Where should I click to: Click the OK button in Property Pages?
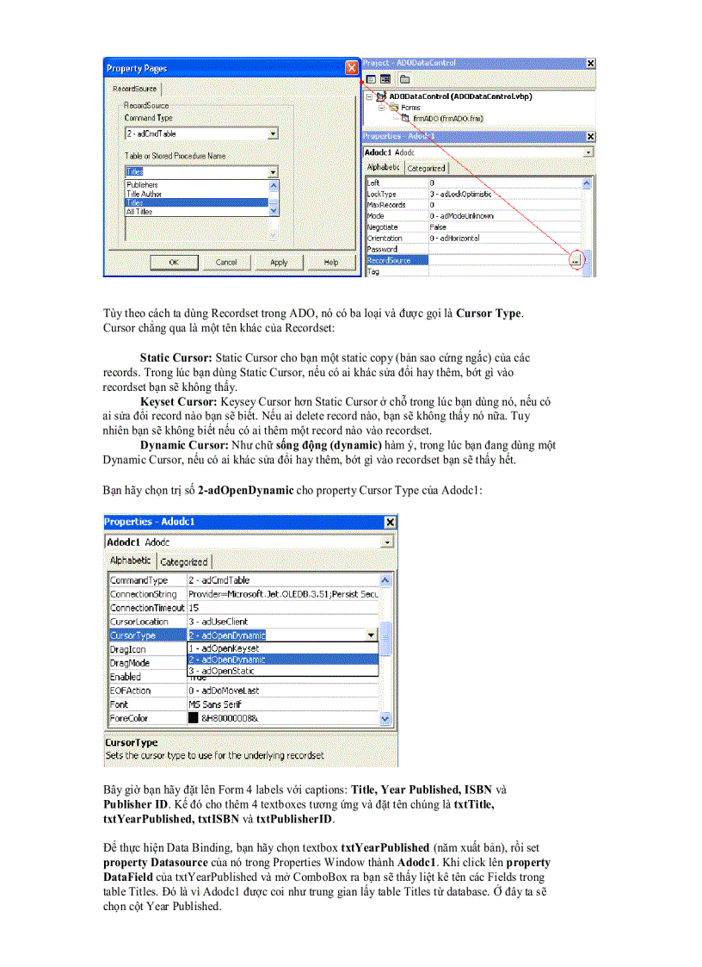173,262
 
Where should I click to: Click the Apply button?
279,262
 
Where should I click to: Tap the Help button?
331,262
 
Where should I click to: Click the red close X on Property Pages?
350,68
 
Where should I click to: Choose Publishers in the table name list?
143,184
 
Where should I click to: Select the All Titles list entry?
141,211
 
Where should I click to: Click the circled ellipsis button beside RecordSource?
575,260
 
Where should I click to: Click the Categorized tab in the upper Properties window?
426,168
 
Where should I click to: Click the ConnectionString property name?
143,594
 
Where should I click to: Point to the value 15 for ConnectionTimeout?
194,608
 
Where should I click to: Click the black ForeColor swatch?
194,718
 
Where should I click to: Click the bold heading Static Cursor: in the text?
176,356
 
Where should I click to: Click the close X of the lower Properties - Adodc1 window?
390,522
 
